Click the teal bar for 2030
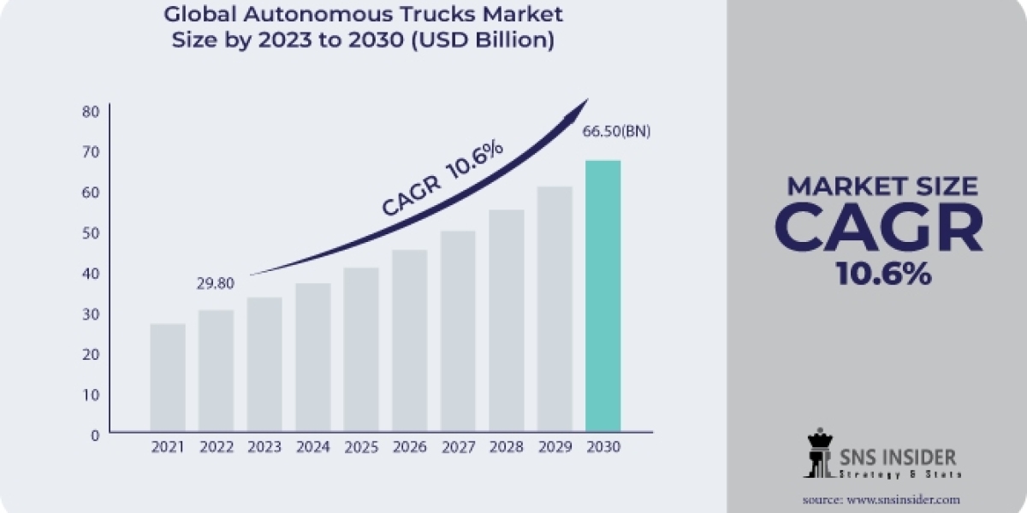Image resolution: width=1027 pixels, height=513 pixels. pyautogui.click(x=603, y=295)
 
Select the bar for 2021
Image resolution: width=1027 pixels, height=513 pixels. pyautogui.click(x=167, y=377)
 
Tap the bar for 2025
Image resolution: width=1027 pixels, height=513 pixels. pyautogui.click(x=360, y=349)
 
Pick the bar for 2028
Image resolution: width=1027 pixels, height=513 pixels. pyautogui.click(x=506, y=320)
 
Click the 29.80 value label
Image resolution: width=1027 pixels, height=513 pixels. pyautogui.click(x=215, y=283)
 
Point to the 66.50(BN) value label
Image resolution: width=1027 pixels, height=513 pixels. pyautogui.click(x=616, y=132)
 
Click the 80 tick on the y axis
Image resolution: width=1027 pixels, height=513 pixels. pyautogui.click(x=91, y=111)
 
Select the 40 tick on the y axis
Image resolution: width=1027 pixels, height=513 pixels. pyautogui.click(x=91, y=273)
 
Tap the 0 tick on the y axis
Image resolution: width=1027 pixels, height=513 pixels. pyautogui.click(x=94, y=434)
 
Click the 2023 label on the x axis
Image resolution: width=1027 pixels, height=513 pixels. pyautogui.click(x=264, y=447)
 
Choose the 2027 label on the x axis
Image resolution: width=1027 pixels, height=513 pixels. pyautogui.click(x=457, y=447)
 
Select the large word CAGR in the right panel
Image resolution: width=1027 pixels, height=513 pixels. pyautogui.click(x=879, y=228)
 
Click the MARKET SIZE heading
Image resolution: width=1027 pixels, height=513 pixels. pyautogui.click(x=882, y=186)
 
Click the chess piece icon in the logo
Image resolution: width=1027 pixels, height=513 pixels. pyautogui.click(x=819, y=452)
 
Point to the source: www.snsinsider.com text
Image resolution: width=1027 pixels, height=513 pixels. pyautogui.click(x=881, y=498)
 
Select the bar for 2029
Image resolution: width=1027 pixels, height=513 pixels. pyautogui.click(x=555, y=309)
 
